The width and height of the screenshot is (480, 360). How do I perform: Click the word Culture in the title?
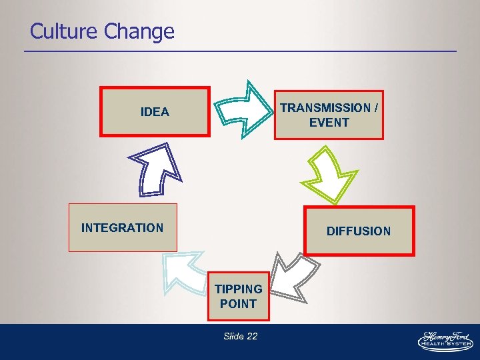62,31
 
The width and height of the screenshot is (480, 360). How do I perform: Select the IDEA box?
155,111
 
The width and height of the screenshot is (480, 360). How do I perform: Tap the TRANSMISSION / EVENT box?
329,115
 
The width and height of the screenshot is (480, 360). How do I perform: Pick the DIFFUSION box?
359,231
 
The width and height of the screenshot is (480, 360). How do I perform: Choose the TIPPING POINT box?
238,296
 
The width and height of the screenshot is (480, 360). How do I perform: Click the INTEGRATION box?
123,227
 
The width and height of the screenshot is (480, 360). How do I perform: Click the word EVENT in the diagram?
329,123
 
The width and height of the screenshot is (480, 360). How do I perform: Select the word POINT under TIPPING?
238,304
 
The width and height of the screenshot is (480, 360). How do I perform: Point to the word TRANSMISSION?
325,108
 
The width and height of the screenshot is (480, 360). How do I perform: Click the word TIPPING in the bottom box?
238,289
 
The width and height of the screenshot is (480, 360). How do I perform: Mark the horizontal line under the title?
240,51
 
